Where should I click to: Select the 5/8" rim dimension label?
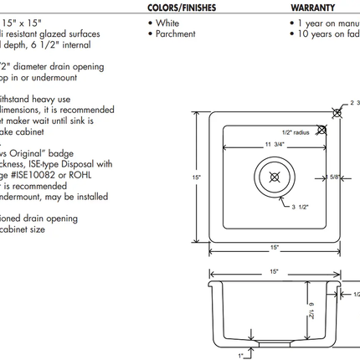[334, 176]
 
